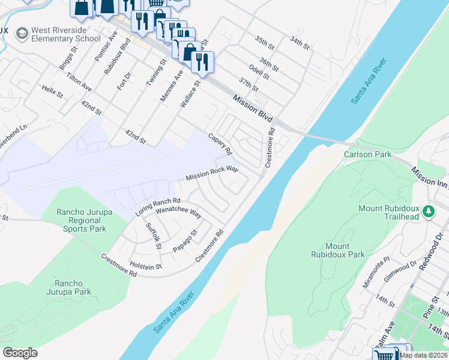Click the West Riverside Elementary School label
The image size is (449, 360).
[x=66, y=34]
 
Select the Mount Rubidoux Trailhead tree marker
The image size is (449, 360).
[x=429, y=211]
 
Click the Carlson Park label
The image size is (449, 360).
[x=367, y=155]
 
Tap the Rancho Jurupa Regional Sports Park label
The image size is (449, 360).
[x=81, y=220]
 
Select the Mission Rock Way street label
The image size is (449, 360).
[x=212, y=174]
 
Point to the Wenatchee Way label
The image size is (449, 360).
[x=178, y=211]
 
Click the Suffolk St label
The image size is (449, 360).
[x=154, y=236]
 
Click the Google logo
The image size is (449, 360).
[x=20, y=352]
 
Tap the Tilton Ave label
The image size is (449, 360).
[x=79, y=82]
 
